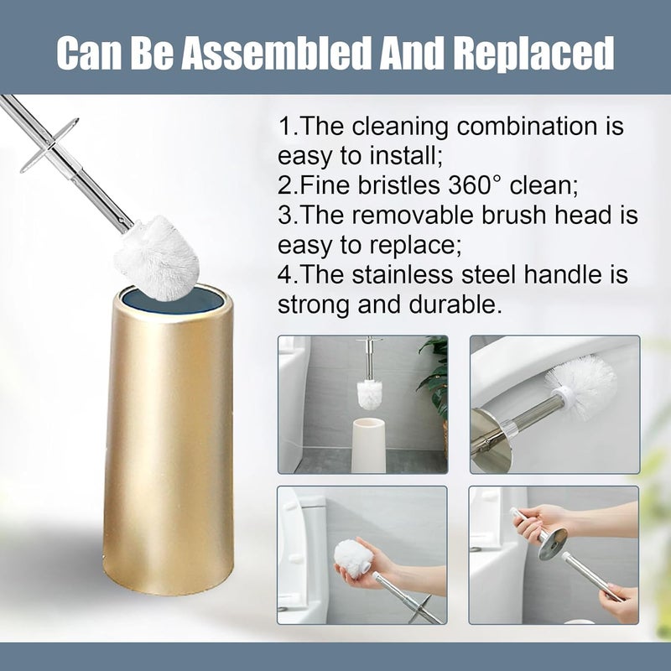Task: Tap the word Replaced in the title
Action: click(533, 54)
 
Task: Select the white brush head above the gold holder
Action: click(157, 258)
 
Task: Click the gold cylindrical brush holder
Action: click(169, 440)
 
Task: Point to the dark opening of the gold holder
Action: click(173, 299)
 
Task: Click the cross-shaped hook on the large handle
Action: click(49, 145)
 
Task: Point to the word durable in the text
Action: click(455, 304)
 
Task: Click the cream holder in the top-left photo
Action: click(368, 445)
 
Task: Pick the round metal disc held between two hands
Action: click(553, 544)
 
